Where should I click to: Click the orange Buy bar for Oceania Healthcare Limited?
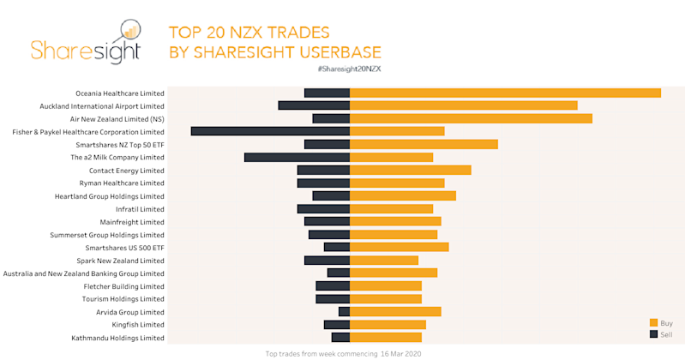click(505, 93)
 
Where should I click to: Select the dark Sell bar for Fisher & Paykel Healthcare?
click(270, 131)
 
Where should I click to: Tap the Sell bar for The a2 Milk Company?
click(297, 157)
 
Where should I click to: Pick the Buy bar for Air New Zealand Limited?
click(471, 118)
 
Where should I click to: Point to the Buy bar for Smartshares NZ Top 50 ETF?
click(424, 144)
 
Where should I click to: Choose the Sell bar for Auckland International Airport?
click(314, 105)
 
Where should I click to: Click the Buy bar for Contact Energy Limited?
click(411, 170)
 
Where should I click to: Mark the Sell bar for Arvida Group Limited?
click(344, 312)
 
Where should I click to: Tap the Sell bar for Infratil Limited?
click(323, 208)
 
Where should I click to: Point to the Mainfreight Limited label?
click(132, 221)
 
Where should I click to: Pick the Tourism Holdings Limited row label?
click(123, 299)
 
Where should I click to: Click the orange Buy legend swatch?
click(653, 322)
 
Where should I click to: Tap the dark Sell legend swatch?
click(653, 333)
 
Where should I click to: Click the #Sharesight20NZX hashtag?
click(349, 69)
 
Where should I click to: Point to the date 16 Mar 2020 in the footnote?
click(402, 353)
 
